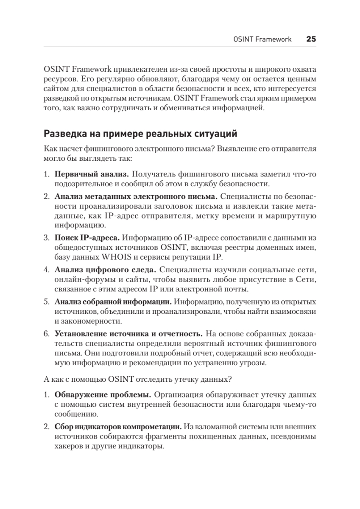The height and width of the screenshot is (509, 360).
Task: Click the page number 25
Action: pos(311,39)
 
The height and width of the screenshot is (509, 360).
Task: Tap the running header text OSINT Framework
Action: pos(262,39)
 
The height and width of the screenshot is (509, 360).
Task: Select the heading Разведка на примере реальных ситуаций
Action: pos(140,134)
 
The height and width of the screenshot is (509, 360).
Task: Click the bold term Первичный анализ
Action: pos(91,174)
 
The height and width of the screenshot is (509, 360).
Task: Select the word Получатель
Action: pos(152,174)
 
